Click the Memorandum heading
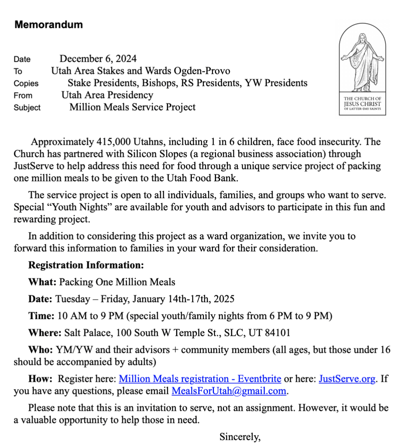point(48,25)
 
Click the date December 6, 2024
point(98,59)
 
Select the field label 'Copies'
point(26,84)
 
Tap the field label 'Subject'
point(27,108)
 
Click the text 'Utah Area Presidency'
point(107,95)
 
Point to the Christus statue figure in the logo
point(362,61)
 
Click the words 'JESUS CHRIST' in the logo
point(362,104)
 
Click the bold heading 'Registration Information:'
point(86,265)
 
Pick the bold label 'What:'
point(42,282)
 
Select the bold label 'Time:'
point(41,316)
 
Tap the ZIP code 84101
point(277,333)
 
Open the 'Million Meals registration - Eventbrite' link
point(200,379)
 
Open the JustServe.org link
point(347,379)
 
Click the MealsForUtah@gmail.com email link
point(229,391)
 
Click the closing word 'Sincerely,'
point(240,436)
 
